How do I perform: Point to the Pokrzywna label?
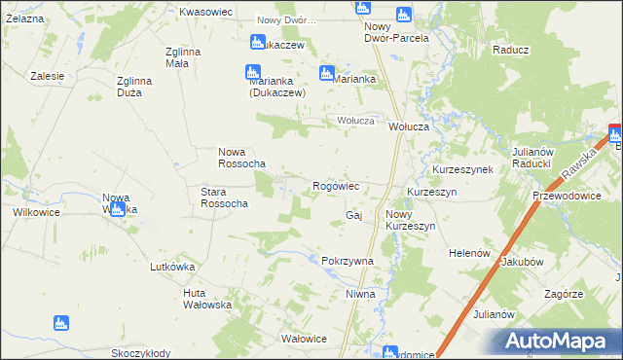(x=348, y=261)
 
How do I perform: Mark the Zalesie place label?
(x=47, y=75)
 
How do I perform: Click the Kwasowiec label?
(x=204, y=12)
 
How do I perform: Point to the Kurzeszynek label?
(x=463, y=168)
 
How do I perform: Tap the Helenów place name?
(x=467, y=252)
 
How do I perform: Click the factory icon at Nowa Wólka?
(x=117, y=207)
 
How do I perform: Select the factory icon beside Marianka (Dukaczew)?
(x=252, y=72)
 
